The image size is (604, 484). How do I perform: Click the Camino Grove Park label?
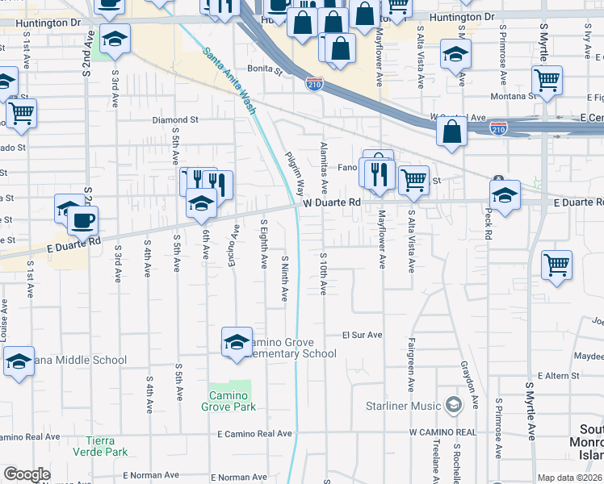coord(229,401)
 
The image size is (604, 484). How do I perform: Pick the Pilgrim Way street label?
coord(294,174)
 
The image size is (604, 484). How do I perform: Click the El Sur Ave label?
coord(362,335)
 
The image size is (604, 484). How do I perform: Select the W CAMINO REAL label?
coord(443,432)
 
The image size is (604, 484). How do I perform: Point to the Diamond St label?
coord(175,120)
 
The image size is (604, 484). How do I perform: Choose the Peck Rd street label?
coord(488,225)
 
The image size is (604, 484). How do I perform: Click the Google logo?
coord(27,474)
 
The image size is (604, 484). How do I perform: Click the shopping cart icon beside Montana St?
coord(547,81)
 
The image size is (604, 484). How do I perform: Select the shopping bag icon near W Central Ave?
coord(451,131)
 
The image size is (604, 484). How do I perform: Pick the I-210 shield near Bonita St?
coord(315,83)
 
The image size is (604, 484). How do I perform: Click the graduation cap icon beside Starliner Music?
coord(453,404)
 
